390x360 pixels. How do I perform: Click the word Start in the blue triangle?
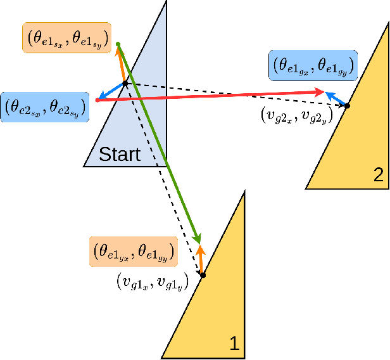(119, 153)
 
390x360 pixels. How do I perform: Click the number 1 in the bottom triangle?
(232, 344)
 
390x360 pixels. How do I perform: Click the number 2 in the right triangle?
(378, 176)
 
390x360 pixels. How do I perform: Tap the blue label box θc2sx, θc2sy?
(44, 107)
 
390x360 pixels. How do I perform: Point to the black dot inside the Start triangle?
(125, 83)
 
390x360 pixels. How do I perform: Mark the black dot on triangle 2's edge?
(346, 106)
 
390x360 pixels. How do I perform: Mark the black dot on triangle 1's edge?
(203, 274)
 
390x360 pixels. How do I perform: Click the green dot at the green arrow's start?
(118, 44)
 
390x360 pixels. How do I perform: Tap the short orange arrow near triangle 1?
(201, 259)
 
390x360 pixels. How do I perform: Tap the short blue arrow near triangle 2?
(337, 99)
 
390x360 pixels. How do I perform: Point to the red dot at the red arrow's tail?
(96, 100)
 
